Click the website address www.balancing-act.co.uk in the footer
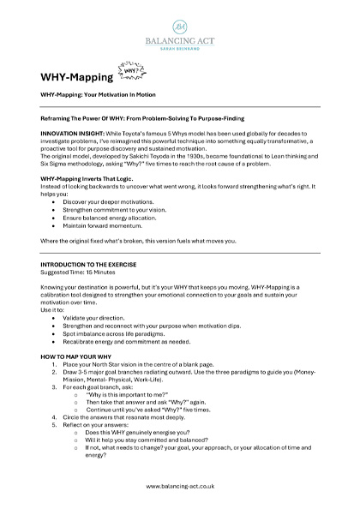pos(180,485)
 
